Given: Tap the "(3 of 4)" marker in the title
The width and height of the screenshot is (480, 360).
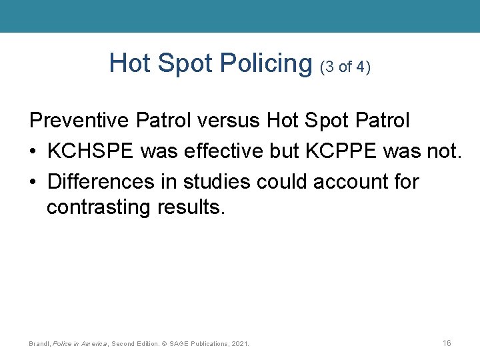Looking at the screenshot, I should [345, 67].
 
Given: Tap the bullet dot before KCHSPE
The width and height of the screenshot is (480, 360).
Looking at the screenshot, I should [33, 151].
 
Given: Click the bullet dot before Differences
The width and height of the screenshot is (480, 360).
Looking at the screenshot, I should [33, 181].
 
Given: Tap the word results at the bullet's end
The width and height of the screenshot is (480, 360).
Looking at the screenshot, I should [192, 208].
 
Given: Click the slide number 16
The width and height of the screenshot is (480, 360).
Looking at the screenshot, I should [447, 343].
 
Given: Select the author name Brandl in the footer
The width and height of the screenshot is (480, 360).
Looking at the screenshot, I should [39, 344].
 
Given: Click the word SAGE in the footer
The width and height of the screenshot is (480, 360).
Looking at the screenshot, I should [179, 344].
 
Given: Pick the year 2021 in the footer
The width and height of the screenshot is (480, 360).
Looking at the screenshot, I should [239, 344].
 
